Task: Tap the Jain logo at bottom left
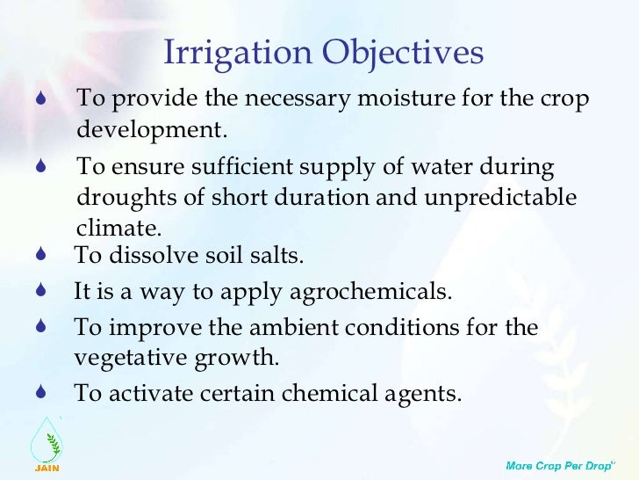click(47, 443)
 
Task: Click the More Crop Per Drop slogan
click(557, 463)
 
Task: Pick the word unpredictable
click(500, 198)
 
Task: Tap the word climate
click(119, 228)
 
